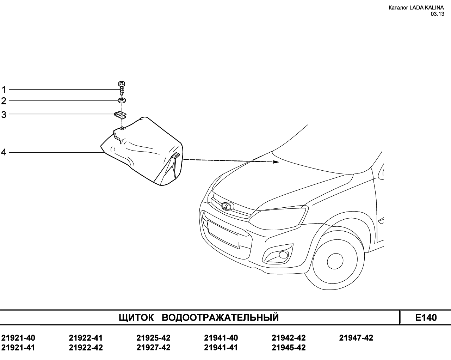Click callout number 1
tap(4, 90)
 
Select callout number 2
tap(4, 101)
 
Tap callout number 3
tap(4, 115)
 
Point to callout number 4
tap(4, 152)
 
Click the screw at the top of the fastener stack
tap(122, 88)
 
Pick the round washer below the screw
tap(122, 100)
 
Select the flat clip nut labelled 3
tap(120, 115)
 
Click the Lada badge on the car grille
tap(226, 206)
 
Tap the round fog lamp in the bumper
tap(283, 255)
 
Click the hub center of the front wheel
tap(335, 261)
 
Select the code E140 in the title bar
tap(426, 318)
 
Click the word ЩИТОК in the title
tap(136, 318)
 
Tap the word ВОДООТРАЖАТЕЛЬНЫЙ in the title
tap(220, 317)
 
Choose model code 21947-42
tap(356, 338)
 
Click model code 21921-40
tap(18, 338)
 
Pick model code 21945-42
tap(289, 348)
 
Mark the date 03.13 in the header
tap(437, 14)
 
